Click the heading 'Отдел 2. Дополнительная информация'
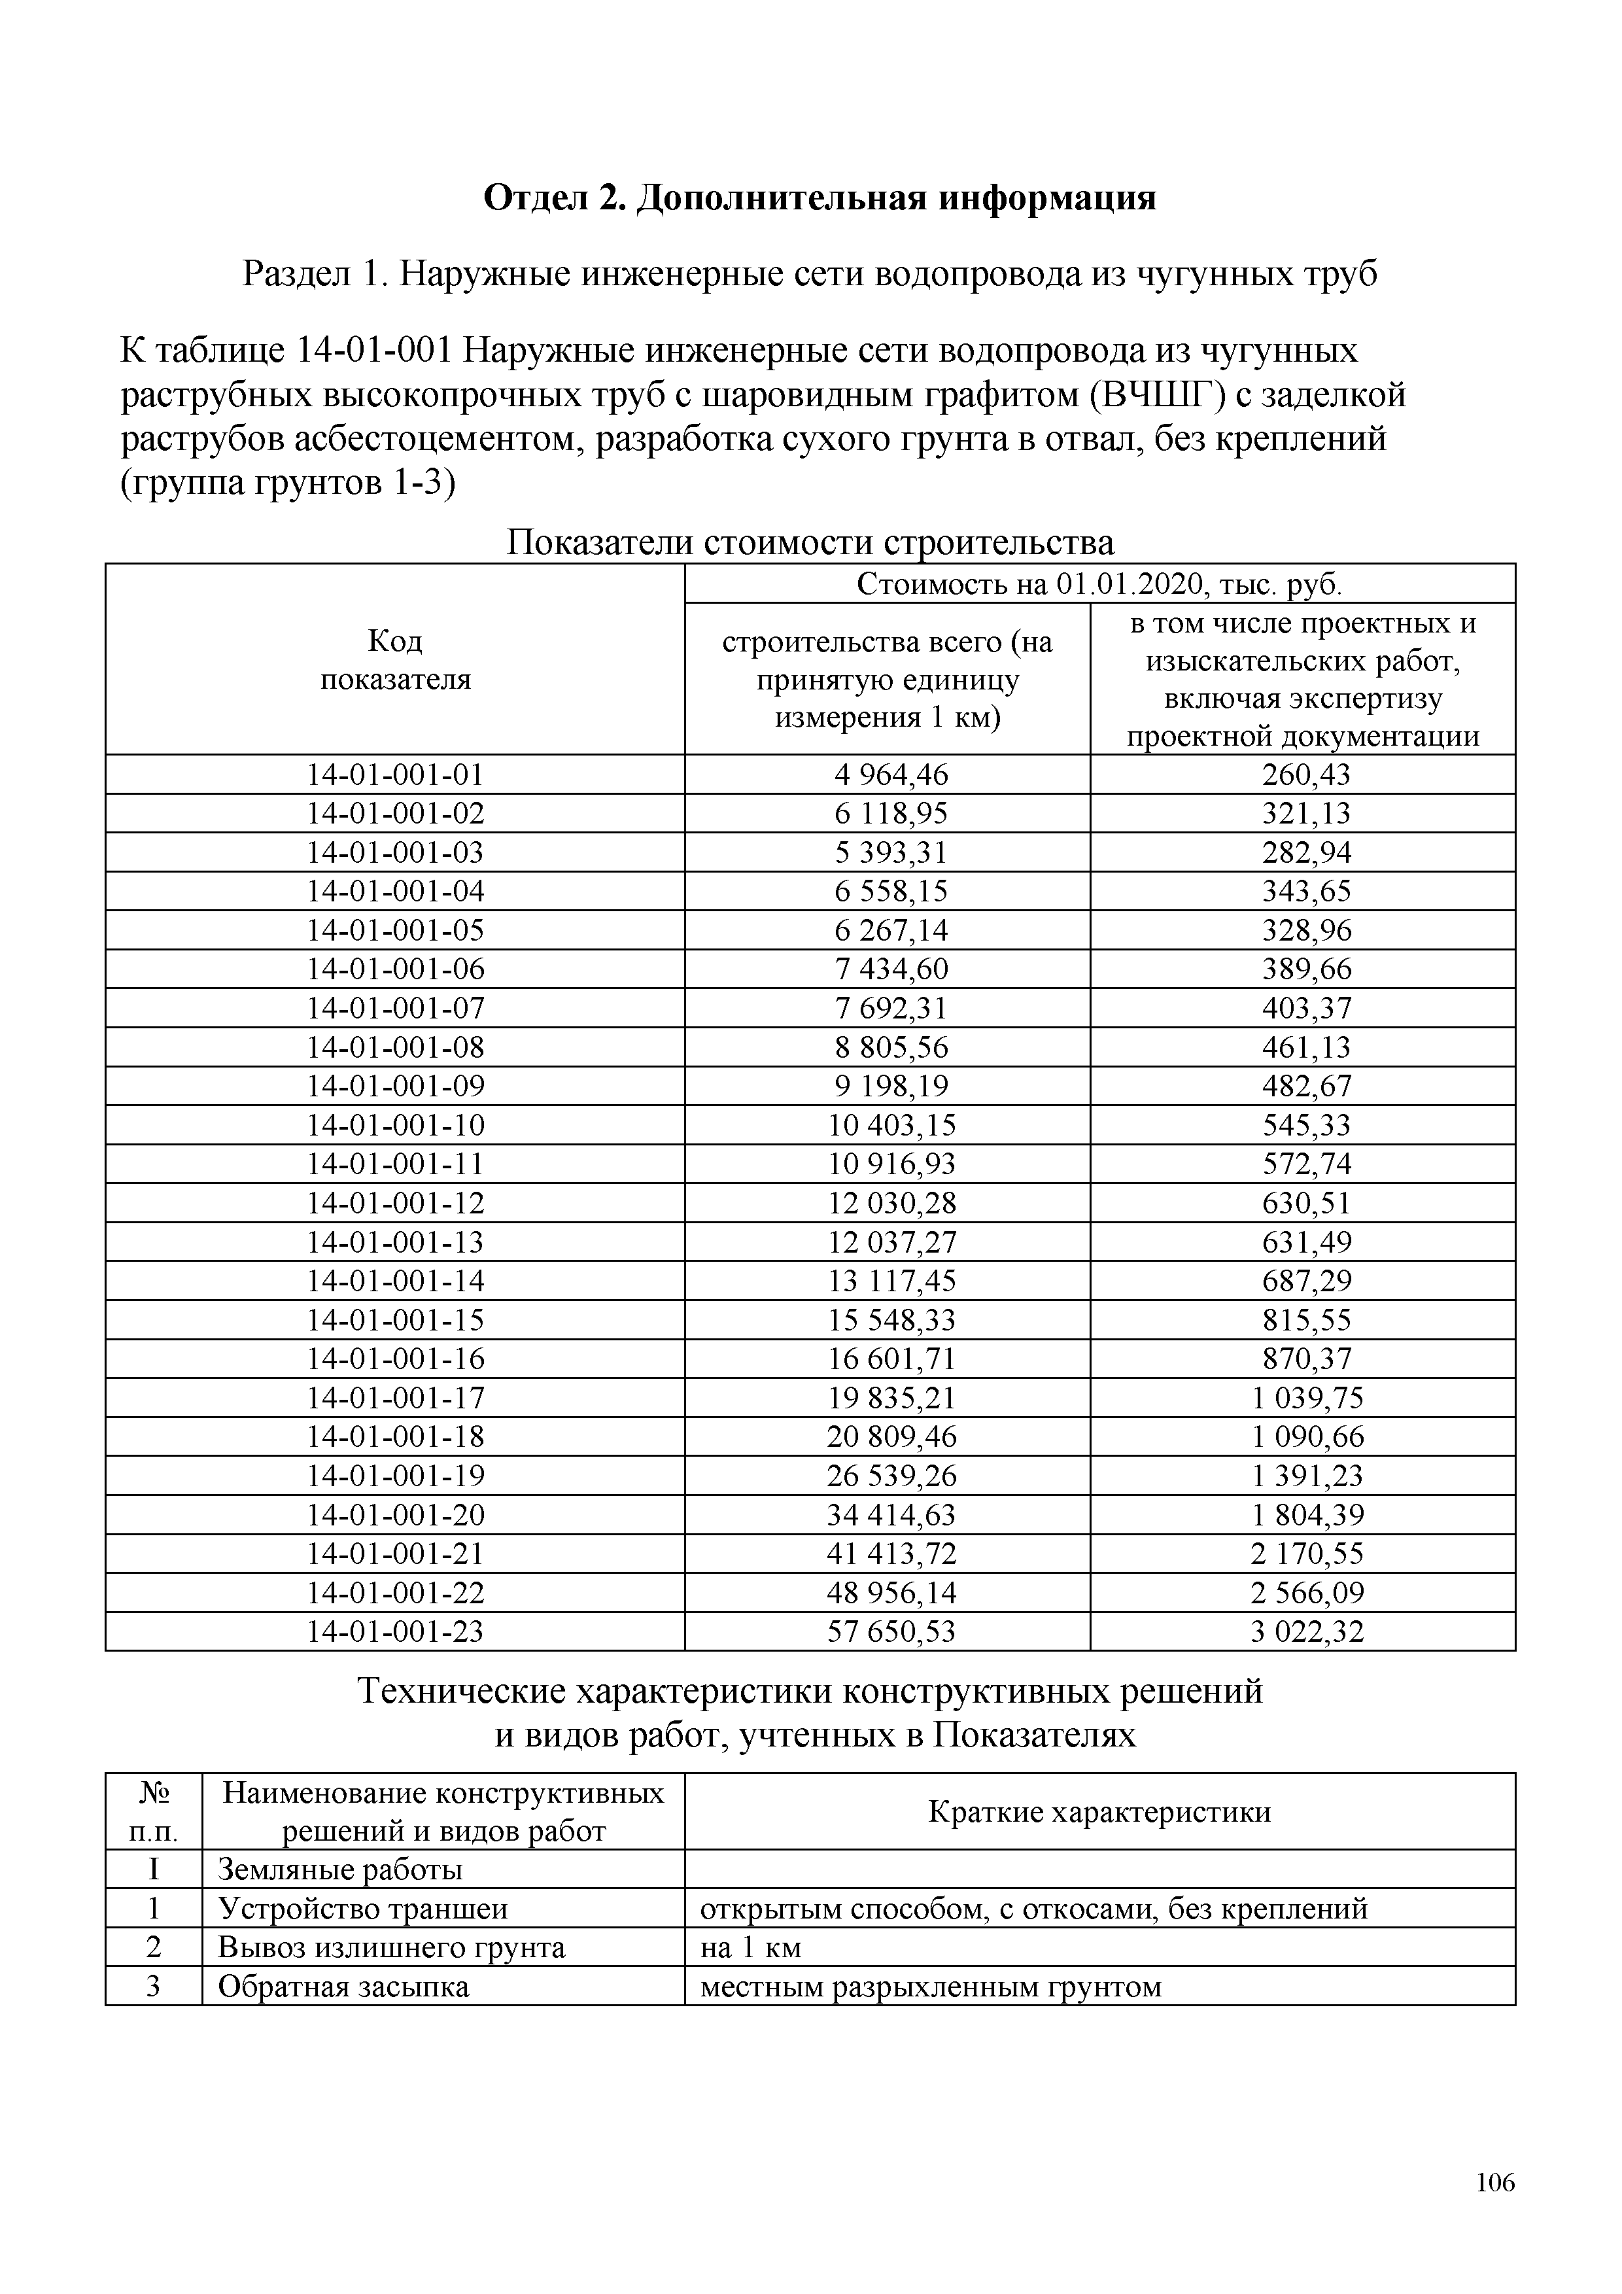(x=819, y=198)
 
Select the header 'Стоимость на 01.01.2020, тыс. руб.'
(x=1099, y=583)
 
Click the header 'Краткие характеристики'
(x=1099, y=1813)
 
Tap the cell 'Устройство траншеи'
(x=362, y=1909)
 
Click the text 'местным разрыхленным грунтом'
(x=930, y=1987)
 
